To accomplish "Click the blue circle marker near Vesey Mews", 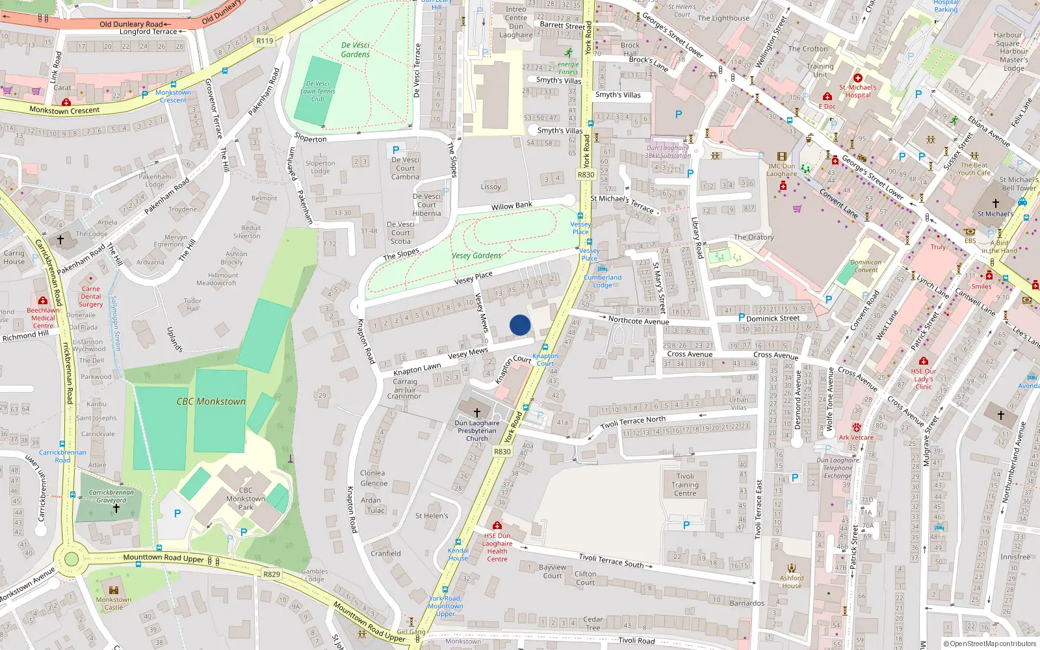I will point(520,325).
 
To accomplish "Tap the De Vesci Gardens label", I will point(356,50).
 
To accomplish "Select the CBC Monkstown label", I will point(211,402).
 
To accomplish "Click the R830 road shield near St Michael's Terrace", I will point(586,174).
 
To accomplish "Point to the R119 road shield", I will point(265,40).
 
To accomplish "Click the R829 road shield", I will point(272,574).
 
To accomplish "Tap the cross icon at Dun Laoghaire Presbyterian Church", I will point(476,413).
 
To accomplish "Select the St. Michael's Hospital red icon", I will point(857,78).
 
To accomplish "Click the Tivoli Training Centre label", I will point(685,485).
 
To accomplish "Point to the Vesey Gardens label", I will point(476,255).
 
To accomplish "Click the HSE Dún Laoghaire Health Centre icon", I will point(497,525).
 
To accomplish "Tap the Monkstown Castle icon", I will point(114,590).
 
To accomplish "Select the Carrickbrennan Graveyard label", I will point(111,496).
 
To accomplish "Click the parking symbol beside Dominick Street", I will point(741,317).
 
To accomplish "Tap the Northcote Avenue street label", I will point(638,320).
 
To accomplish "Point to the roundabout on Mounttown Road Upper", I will point(71,558).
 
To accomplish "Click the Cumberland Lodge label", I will point(603,281).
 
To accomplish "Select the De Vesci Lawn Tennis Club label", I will point(318,92).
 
